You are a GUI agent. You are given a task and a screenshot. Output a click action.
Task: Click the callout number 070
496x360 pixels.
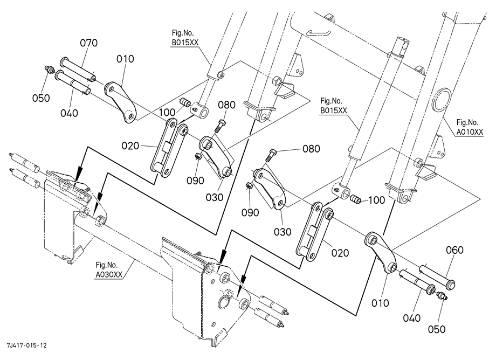pyautogui.click(x=88, y=43)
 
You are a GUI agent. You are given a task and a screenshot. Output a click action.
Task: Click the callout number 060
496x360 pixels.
pyautogui.click(x=454, y=250)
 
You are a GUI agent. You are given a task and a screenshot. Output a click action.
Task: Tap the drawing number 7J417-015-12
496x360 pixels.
pyautogui.click(x=26, y=345)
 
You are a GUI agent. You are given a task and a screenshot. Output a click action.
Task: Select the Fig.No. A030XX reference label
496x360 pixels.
pyautogui.click(x=109, y=269)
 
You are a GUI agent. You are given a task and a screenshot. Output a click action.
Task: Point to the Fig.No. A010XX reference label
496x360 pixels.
pyautogui.click(x=470, y=127)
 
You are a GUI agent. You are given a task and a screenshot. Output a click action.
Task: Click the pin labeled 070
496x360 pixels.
pyautogui.click(x=78, y=68)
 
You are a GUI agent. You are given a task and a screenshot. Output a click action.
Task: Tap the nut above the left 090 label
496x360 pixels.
pyautogui.click(x=198, y=156)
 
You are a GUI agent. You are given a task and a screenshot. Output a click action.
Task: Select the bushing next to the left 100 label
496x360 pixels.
pyautogui.click(x=185, y=102)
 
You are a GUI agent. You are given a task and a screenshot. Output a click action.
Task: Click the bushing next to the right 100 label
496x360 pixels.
pyautogui.click(x=355, y=199)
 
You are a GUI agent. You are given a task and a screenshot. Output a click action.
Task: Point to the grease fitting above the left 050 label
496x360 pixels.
pyautogui.click(x=49, y=69)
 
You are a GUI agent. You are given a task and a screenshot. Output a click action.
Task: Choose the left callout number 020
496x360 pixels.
pyautogui.click(x=130, y=146)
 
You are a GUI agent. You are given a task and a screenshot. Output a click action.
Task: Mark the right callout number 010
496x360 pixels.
pyautogui.click(x=380, y=303)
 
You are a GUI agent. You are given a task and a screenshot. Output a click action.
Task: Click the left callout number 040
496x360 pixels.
pyautogui.click(x=69, y=113)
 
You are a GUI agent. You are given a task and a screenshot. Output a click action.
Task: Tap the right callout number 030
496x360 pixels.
pyautogui.click(x=283, y=232)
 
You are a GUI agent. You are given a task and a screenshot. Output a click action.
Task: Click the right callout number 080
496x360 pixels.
pyautogui.click(x=311, y=149)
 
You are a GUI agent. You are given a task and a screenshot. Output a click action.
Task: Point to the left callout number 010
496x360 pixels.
pyautogui.click(x=125, y=59)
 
